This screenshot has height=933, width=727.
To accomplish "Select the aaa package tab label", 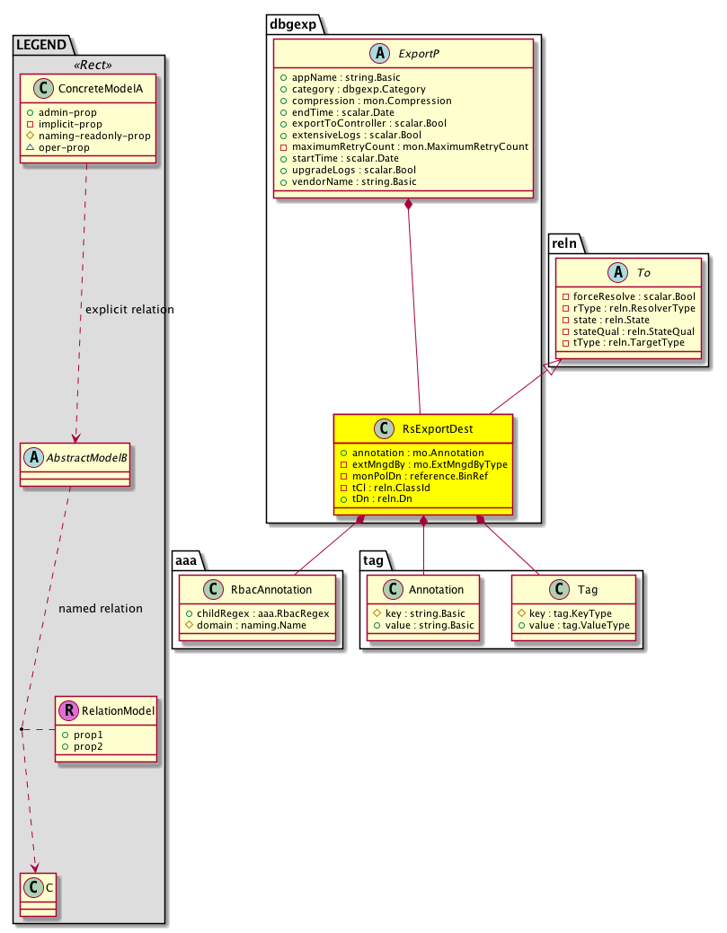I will [x=187, y=562].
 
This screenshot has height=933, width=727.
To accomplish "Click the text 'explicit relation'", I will [x=129, y=310].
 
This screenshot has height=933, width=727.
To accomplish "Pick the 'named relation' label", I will [x=100, y=608].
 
